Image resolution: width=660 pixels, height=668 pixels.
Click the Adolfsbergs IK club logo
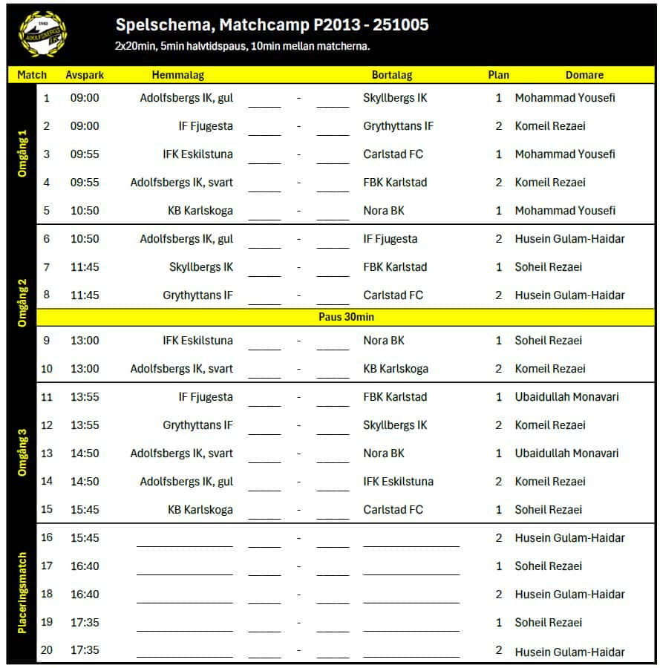coord(42,34)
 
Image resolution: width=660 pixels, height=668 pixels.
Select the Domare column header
coord(584,75)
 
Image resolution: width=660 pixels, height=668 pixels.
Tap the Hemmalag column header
coord(177,75)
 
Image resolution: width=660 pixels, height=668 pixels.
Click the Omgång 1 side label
coord(22,154)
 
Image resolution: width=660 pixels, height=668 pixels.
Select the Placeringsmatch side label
coord(22,593)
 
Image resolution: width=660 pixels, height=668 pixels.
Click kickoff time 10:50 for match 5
coord(85,211)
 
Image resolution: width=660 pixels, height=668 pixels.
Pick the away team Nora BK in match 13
coord(384,453)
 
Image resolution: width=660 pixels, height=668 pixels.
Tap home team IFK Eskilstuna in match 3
coord(197,154)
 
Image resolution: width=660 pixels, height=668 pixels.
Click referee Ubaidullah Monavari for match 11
coord(566,397)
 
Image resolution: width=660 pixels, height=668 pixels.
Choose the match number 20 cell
coord(47,651)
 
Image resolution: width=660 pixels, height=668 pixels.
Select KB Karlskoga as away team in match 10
coord(395,369)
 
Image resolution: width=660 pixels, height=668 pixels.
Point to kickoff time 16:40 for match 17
coord(85,566)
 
